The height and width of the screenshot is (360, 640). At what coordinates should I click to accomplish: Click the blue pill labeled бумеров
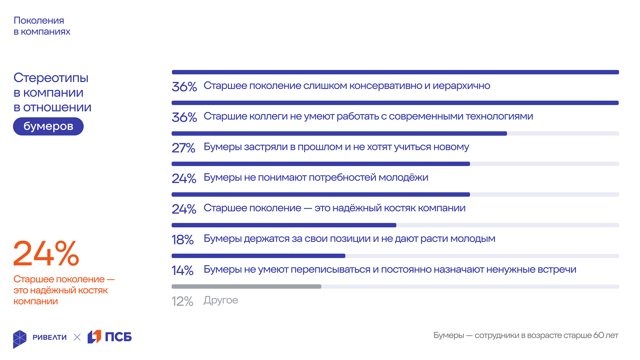click(48, 126)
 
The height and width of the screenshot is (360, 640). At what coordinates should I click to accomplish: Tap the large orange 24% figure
click(46, 254)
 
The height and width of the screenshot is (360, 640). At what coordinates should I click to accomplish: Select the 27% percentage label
click(183, 148)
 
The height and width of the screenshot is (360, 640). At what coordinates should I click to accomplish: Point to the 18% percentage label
click(182, 240)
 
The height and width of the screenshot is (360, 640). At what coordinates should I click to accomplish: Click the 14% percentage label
click(182, 270)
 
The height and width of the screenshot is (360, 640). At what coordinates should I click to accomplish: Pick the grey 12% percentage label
click(182, 301)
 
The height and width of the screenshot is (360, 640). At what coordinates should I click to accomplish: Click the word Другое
click(221, 300)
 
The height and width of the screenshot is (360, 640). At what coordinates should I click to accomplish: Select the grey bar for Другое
click(246, 287)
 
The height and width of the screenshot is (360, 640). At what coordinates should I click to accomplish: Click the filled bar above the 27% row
click(339, 134)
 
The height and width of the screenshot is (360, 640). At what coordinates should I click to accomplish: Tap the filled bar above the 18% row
click(284, 225)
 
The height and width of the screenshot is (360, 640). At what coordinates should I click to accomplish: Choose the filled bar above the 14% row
click(258, 256)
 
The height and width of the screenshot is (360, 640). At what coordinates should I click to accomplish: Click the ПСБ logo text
click(118, 337)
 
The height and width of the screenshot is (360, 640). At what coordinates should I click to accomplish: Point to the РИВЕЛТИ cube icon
click(20, 339)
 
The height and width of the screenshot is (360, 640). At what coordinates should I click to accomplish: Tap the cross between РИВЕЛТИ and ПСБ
click(77, 337)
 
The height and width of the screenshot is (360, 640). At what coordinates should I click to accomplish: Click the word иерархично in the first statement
click(461, 86)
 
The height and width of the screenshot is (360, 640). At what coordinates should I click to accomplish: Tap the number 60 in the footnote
click(599, 335)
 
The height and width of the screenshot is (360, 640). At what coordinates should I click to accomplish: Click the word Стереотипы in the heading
click(51, 78)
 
